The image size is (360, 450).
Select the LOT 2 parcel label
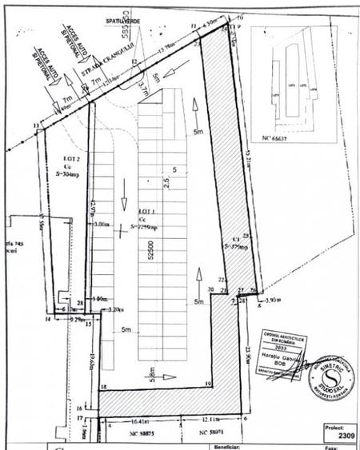click(x=63, y=158)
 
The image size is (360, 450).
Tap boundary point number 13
click(x=37, y=126)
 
